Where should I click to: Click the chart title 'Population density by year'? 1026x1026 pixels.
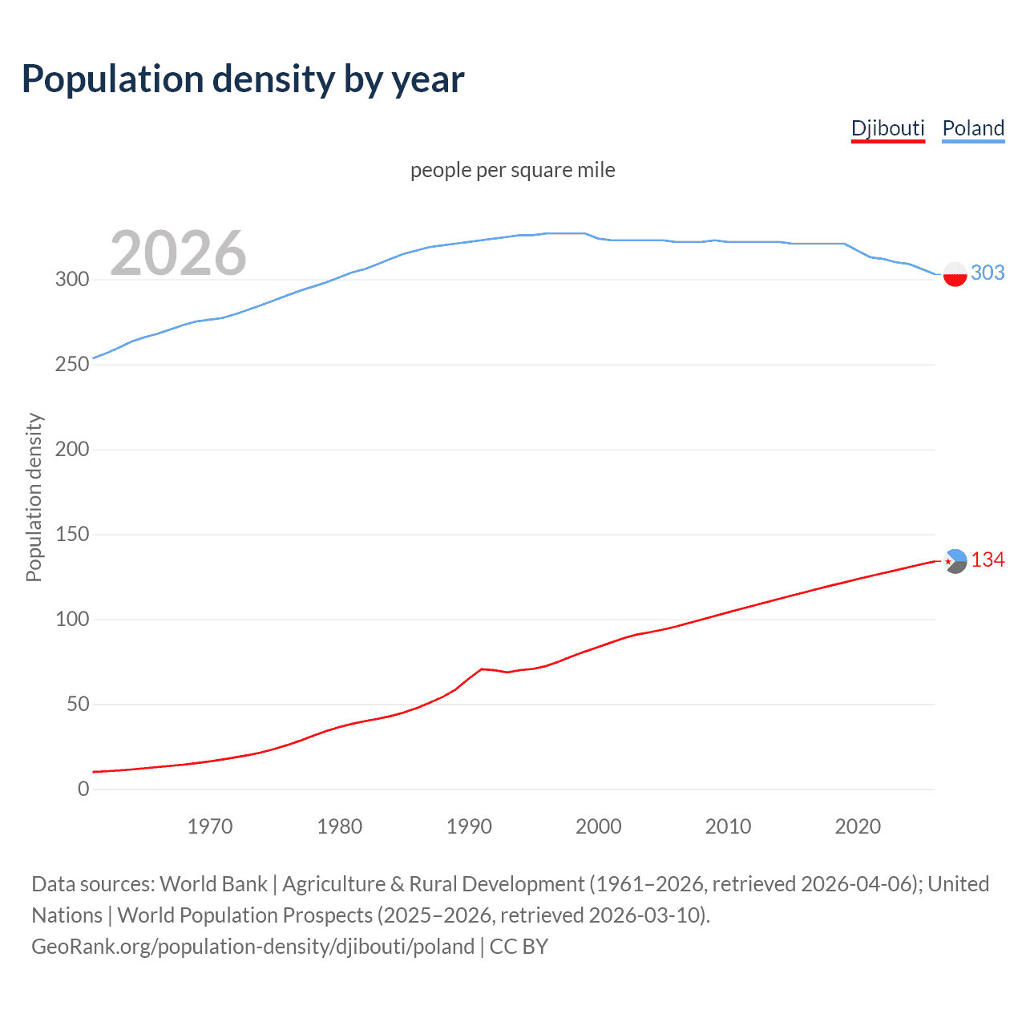243,79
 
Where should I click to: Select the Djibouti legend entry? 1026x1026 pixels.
887,129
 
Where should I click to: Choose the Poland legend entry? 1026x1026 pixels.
973,129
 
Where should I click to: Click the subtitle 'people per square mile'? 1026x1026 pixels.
512,170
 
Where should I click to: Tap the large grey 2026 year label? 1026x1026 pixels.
178,253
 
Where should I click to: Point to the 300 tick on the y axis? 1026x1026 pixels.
72,279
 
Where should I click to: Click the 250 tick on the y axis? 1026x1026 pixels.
72,364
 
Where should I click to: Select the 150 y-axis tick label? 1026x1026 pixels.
72,534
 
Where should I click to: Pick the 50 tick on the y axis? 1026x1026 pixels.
78,704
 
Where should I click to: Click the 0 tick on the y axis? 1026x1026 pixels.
83,789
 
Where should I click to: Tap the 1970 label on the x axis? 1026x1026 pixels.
210,826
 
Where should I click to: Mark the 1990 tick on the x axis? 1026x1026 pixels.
469,826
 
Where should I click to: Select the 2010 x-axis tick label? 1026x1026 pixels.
728,826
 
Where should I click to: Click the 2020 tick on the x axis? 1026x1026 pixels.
858,826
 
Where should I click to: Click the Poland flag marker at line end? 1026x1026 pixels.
955,274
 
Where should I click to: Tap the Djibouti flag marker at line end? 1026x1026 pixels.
955,561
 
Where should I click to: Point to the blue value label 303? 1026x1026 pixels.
988,273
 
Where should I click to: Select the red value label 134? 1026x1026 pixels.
988,560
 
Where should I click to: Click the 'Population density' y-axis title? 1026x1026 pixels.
34,497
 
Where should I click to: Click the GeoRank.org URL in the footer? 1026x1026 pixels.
253,947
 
